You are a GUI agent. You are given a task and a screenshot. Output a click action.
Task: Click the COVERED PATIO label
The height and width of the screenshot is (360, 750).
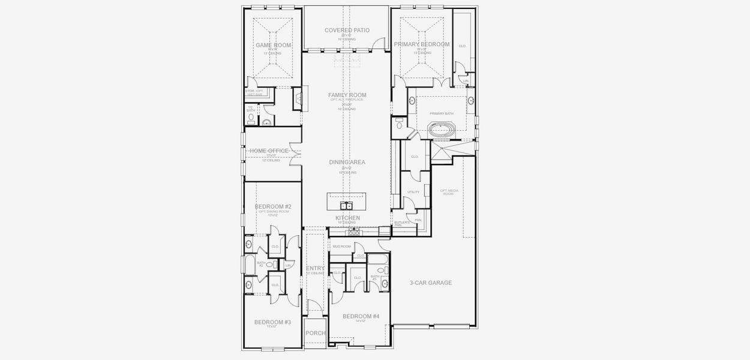pyautogui.click(x=347, y=30)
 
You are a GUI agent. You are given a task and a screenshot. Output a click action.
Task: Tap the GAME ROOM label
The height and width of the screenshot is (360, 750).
pyautogui.click(x=273, y=45)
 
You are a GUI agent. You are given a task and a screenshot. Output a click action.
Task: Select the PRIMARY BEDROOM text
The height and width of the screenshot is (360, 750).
pyautogui.click(x=421, y=44)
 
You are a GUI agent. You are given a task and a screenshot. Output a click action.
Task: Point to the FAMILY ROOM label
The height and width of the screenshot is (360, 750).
pyautogui.click(x=347, y=95)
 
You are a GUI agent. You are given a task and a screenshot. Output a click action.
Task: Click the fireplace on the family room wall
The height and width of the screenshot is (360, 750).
pyautogui.click(x=299, y=98)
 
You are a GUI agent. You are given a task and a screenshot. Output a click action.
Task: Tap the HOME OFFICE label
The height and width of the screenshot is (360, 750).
pyautogui.click(x=269, y=151)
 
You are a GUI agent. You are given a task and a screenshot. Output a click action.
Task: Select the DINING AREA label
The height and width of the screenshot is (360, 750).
pyautogui.click(x=347, y=162)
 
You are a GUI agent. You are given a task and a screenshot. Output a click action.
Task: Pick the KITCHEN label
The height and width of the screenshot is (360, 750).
pyautogui.click(x=347, y=218)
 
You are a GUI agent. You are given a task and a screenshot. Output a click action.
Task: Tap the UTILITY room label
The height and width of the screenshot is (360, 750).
pyautogui.click(x=413, y=193)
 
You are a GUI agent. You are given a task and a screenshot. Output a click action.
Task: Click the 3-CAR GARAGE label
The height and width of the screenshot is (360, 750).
pyautogui.click(x=430, y=283)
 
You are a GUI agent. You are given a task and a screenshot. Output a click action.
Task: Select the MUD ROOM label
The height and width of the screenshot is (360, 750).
pyautogui.click(x=341, y=247)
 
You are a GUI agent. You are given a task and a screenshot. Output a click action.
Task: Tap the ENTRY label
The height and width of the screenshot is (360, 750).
pyautogui.click(x=315, y=268)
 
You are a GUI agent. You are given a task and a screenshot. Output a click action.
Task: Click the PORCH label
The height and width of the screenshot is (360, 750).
pyautogui.click(x=315, y=333)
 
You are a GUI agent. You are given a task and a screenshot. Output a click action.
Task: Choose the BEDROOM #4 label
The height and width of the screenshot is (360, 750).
pyautogui.click(x=361, y=316)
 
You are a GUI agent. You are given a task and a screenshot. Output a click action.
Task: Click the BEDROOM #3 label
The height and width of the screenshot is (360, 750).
pyautogui.click(x=272, y=322)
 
